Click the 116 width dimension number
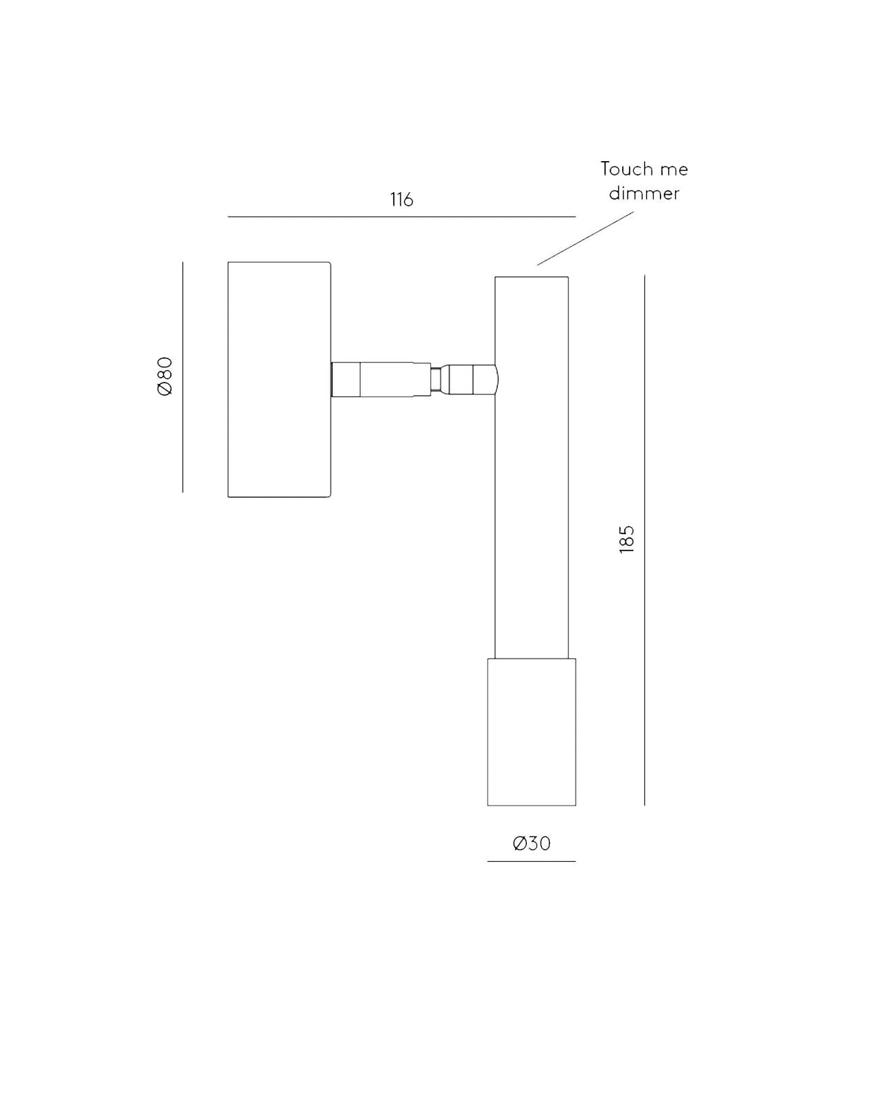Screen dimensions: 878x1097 click(x=401, y=200)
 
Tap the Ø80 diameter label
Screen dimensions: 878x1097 click(x=165, y=376)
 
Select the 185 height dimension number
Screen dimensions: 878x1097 click(x=626, y=540)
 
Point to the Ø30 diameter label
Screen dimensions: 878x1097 click(x=532, y=843)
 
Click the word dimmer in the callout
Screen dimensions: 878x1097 click(x=644, y=193)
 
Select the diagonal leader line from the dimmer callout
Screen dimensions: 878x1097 click(x=585, y=239)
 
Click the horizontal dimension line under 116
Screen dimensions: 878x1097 click(x=401, y=217)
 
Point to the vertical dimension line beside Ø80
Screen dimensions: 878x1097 click(x=182, y=377)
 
